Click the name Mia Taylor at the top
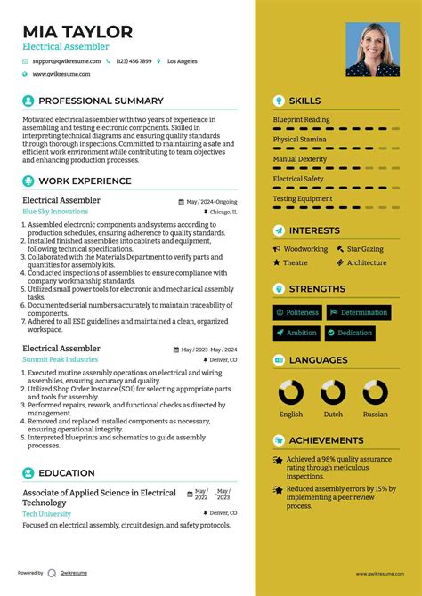coord(77,32)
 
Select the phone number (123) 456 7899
coord(133,61)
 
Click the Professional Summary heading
coord(101,101)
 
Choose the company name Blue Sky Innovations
coord(55,213)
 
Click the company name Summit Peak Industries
coord(60,359)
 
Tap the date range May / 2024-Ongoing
coord(212,202)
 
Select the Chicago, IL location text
coord(223,213)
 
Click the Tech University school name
coord(46,514)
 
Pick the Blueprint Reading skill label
coord(301,119)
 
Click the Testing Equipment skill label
coord(303,198)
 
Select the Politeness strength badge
coord(297,313)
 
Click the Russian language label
coord(375,414)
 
